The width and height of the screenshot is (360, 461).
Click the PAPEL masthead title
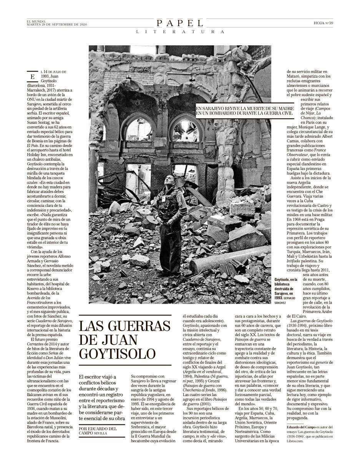[180, 23]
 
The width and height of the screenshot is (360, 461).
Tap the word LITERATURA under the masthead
[180, 32]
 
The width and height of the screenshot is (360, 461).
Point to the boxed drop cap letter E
[33, 77]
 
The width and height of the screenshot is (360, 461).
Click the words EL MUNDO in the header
[36, 21]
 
